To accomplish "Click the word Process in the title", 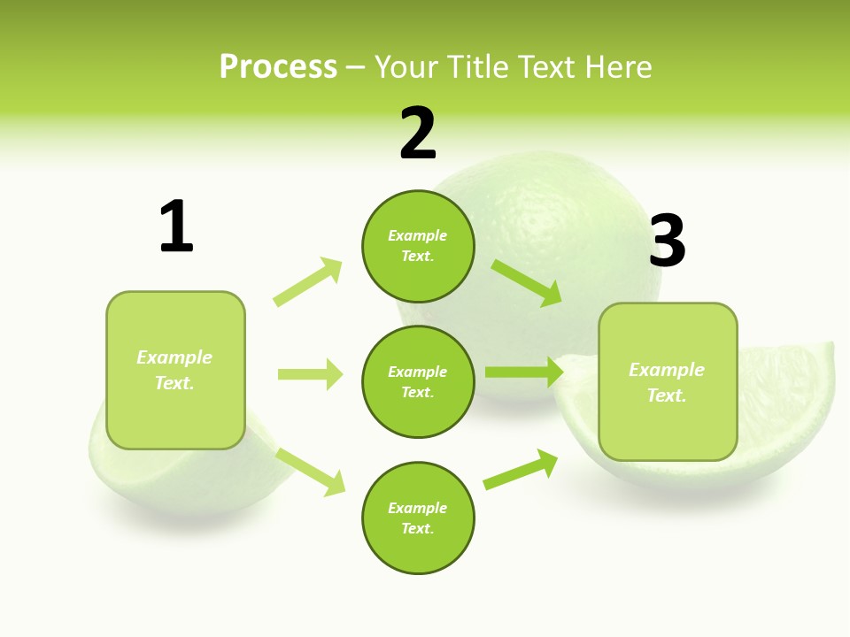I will [278, 67].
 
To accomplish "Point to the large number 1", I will [176, 226].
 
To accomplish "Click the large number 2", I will [418, 134].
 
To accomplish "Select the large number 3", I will [668, 241].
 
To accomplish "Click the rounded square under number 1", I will [175, 370].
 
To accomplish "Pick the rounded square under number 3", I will [668, 381].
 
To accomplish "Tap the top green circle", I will [418, 246].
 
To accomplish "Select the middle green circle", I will [418, 381].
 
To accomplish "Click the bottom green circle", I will [418, 518].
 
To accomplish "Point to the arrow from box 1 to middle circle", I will [310, 374].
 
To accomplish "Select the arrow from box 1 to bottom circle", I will [311, 471].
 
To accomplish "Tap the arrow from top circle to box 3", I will [527, 282].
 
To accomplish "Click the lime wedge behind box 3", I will [788, 416].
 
